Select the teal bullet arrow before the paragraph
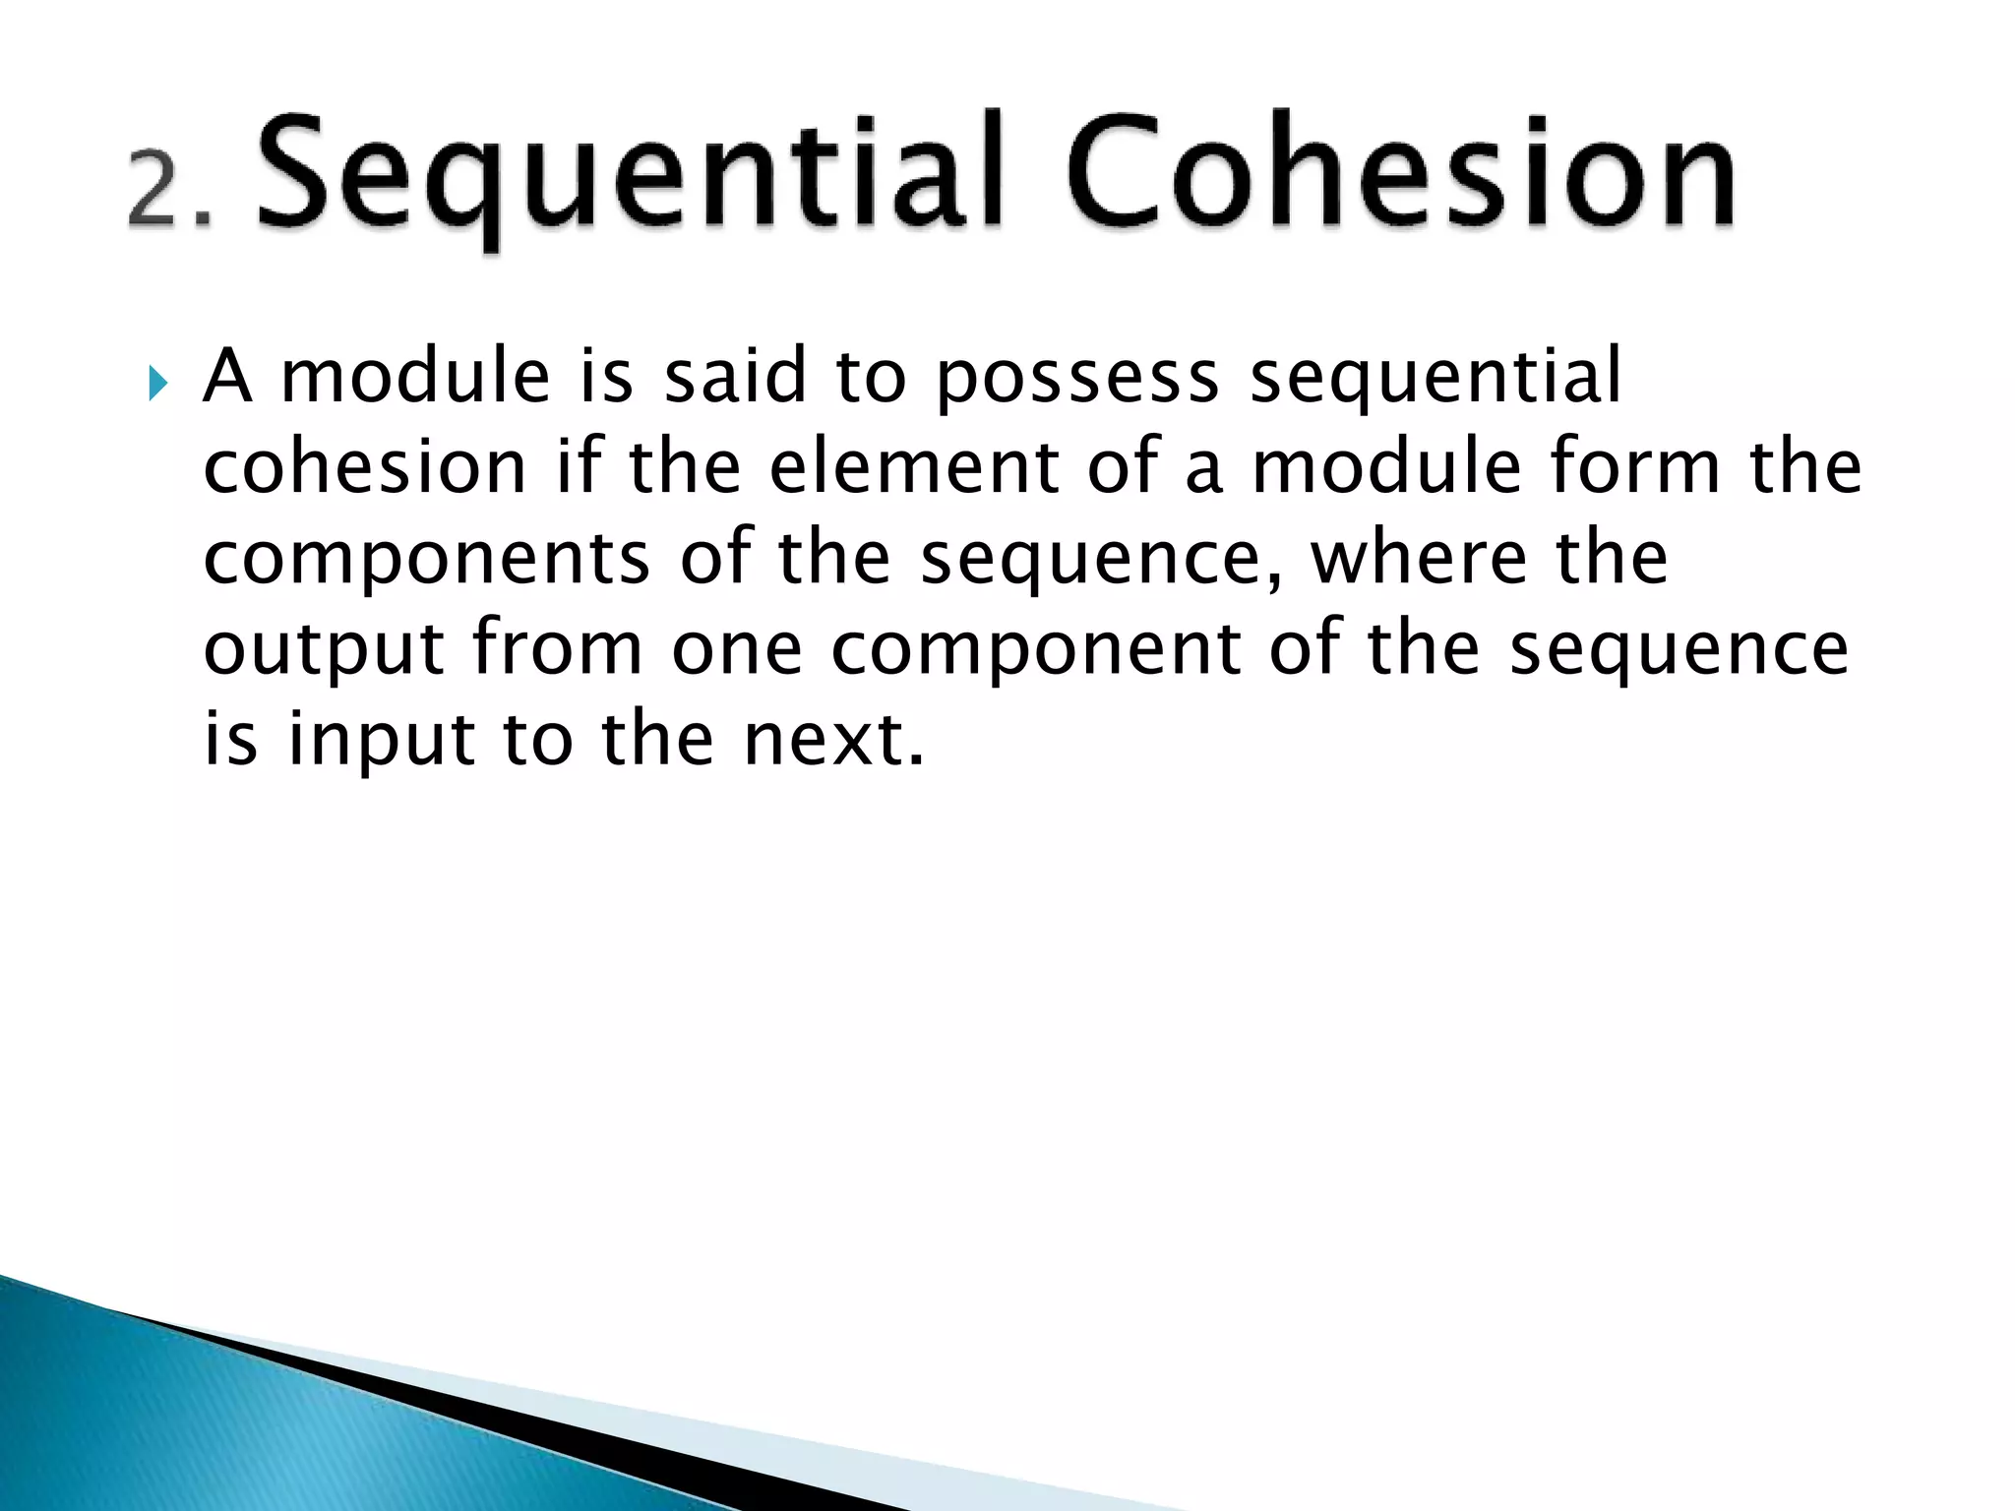158,382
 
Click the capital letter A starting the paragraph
227,376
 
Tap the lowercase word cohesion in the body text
365,466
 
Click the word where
1419,557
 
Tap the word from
557,648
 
